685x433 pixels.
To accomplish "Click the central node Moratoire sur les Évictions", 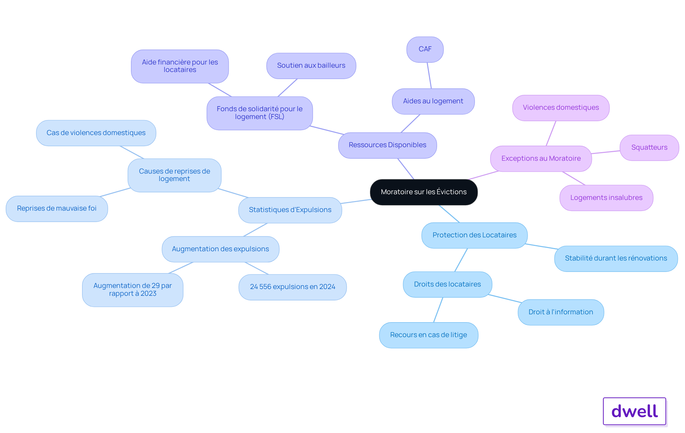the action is point(423,192).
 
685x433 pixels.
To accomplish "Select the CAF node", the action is point(425,49).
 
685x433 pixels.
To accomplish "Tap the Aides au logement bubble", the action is point(433,101).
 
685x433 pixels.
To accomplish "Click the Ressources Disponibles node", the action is point(387,145).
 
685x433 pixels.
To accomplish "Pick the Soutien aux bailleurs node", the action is point(311,66).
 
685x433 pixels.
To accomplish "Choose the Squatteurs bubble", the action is point(649,148).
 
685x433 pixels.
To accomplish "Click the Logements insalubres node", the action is point(606,198).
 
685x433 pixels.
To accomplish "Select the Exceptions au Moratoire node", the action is point(541,159).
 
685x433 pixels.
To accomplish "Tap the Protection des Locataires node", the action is point(474,235).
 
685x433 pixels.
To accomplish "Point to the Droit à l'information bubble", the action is point(560,312).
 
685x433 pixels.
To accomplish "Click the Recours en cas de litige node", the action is point(428,335).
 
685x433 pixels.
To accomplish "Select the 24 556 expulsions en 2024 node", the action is point(292,287).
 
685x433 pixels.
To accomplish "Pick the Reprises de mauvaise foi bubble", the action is point(57,208).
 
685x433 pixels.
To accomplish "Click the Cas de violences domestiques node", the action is point(96,133).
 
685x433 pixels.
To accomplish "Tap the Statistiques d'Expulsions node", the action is point(290,210).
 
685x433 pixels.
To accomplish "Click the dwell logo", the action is point(634,411).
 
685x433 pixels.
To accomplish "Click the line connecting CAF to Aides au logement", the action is point(429,76).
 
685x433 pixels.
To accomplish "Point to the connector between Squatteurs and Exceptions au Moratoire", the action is point(605,152).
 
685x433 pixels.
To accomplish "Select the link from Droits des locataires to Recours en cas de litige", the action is point(438,310).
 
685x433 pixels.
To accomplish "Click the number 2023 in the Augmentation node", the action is point(148,294).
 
